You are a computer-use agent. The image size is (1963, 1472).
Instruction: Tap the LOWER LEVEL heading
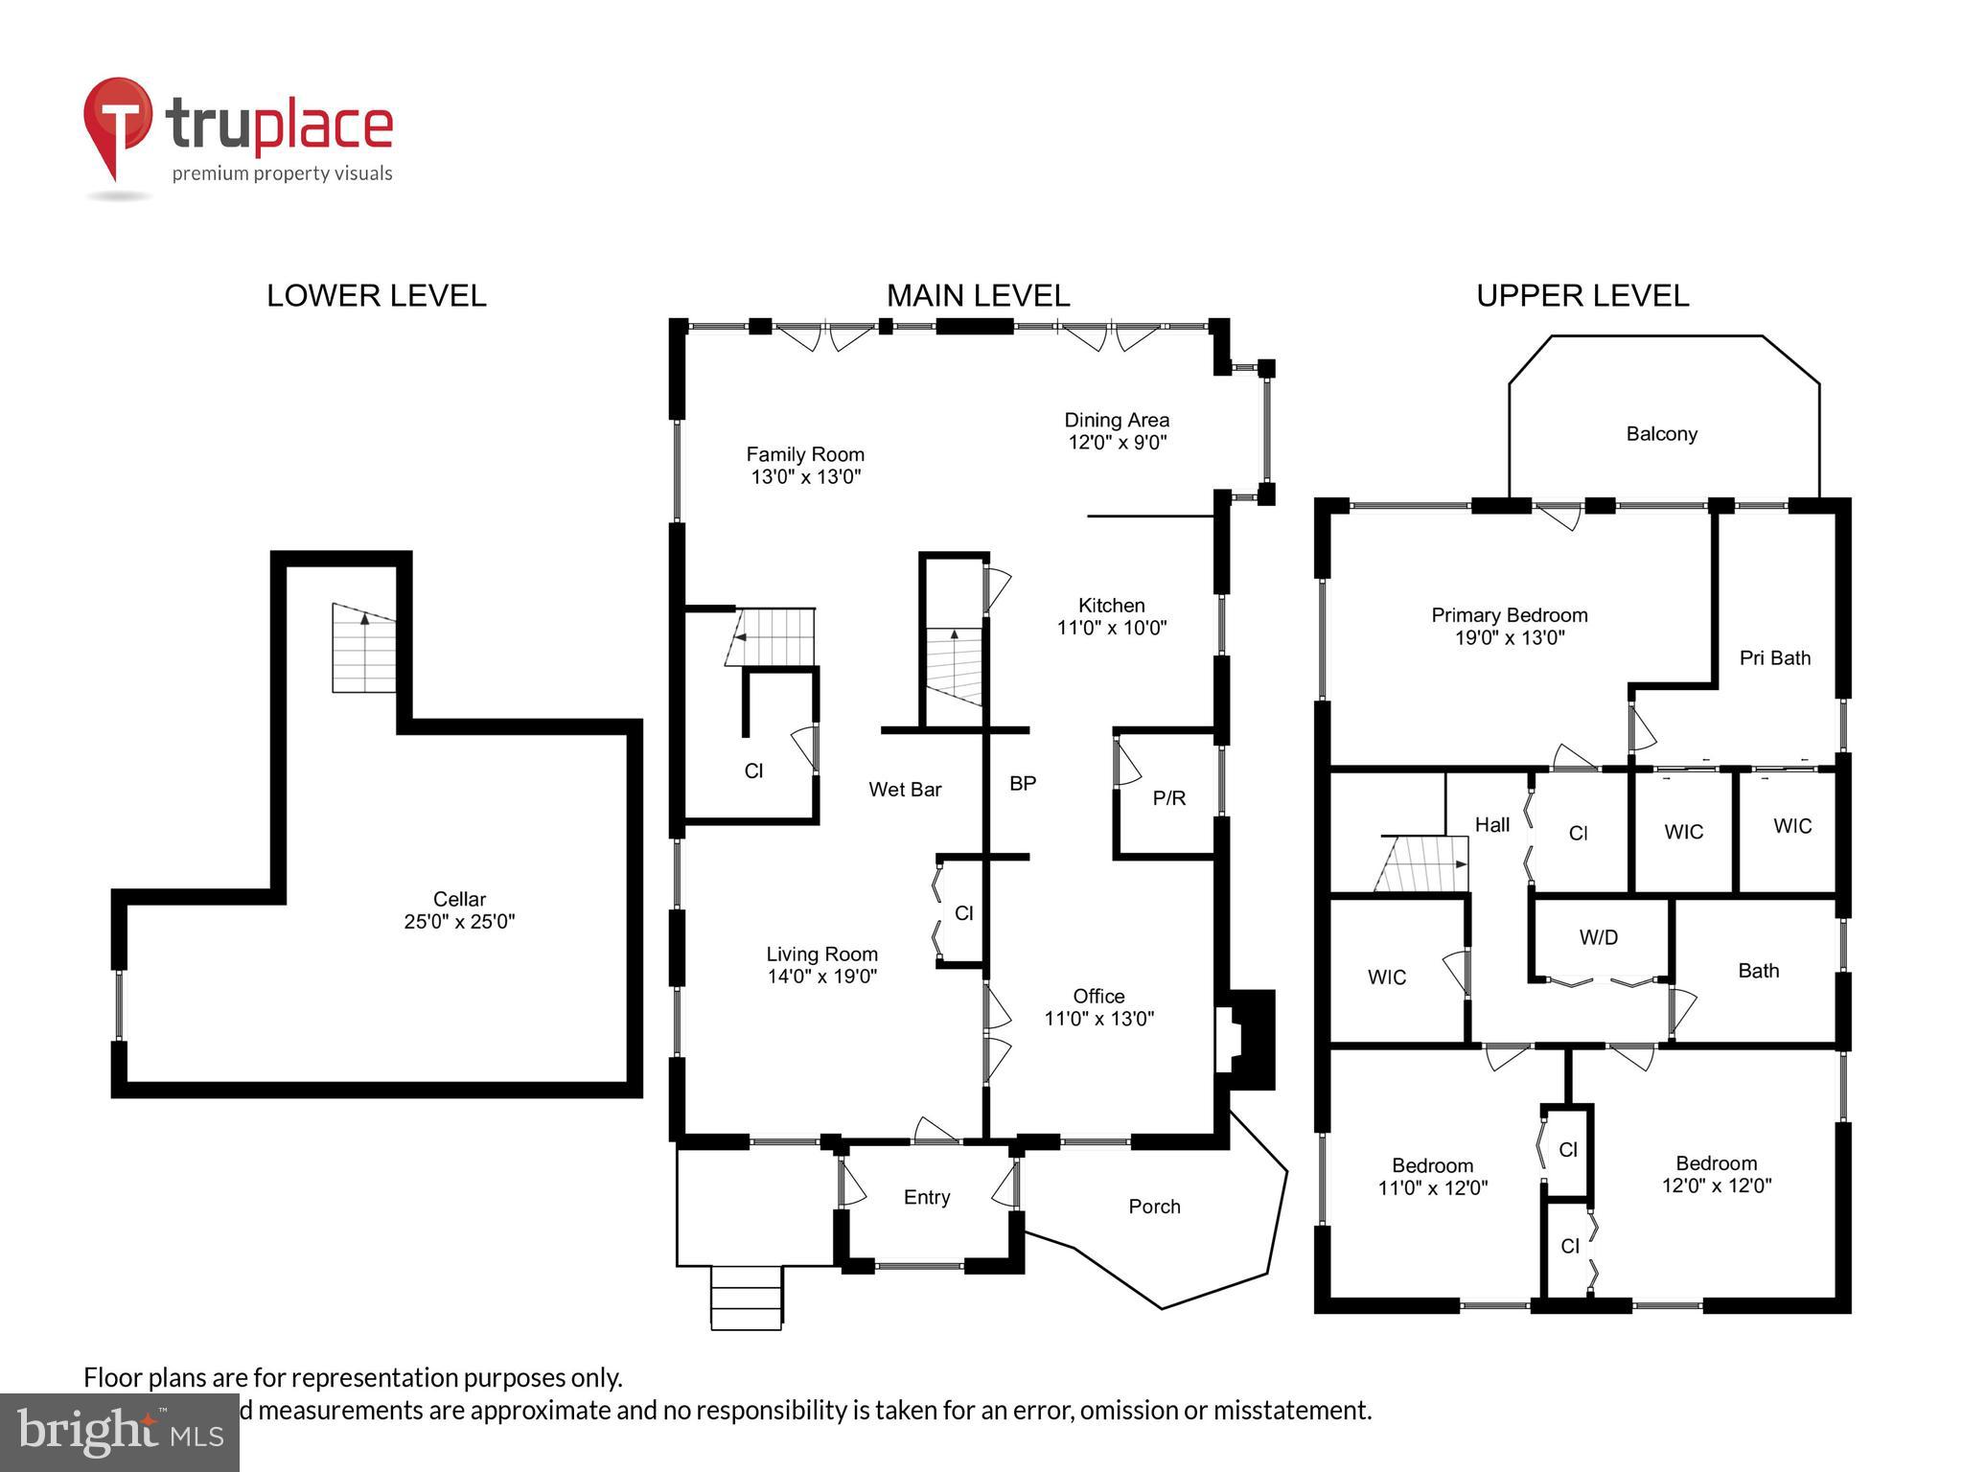point(376,295)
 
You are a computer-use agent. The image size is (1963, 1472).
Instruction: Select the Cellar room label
point(459,899)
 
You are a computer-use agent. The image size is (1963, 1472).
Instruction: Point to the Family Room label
point(805,454)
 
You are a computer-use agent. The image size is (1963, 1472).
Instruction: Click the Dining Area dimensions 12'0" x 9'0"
point(1117,443)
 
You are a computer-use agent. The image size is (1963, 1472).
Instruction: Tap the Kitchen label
point(1111,606)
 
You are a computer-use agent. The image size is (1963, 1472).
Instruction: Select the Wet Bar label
point(905,790)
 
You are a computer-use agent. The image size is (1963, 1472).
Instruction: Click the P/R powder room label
point(1168,797)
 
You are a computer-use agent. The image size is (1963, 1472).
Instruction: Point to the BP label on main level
point(1023,783)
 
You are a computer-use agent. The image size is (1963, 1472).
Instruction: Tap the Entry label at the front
point(926,1197)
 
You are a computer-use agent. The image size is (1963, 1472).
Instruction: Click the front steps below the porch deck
point(747,1298)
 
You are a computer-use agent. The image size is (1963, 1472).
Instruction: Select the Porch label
point(1154,1207)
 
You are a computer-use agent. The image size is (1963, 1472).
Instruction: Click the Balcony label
point(1661,434)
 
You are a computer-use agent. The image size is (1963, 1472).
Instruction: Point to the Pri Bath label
point(1774,658)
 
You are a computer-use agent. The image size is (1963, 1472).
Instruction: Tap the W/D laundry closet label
point(1598,938)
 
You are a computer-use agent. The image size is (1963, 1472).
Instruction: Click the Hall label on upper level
point(1491,824)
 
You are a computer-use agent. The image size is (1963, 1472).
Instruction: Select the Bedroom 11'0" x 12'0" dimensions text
point(1432,1188)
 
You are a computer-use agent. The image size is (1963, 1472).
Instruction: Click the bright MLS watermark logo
point(120,1432)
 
